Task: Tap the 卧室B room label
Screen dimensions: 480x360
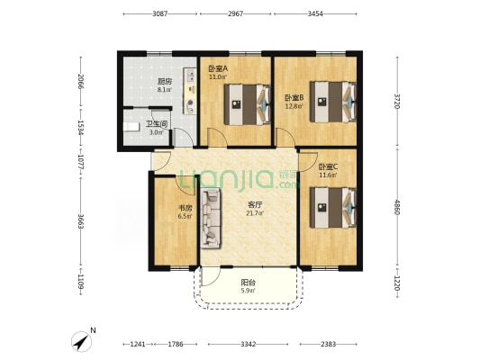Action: point(294,98)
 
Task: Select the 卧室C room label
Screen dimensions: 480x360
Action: point(328,167)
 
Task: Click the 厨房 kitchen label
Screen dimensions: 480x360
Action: point(165,82)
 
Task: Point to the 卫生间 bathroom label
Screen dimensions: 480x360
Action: point(157,124)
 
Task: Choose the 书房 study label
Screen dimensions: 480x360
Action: point(186,208)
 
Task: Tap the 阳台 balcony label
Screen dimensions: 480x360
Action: point(248,283)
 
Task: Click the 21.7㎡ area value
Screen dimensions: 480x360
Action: point(255,213)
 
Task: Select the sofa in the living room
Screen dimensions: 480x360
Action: point(211,218)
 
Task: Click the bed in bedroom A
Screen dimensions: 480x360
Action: point(248,104)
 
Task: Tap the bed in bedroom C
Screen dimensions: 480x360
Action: point(333,208)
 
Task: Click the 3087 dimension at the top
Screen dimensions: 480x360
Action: point(160,13)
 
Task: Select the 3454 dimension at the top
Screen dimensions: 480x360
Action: point(315,13)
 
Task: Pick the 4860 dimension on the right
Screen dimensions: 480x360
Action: point(397,207)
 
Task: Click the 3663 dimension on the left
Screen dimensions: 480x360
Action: point(81,221)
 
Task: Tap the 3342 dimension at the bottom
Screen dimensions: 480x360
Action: point(248,345)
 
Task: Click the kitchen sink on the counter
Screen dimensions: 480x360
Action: point(190,76)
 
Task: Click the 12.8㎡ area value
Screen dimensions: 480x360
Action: point(294,106)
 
